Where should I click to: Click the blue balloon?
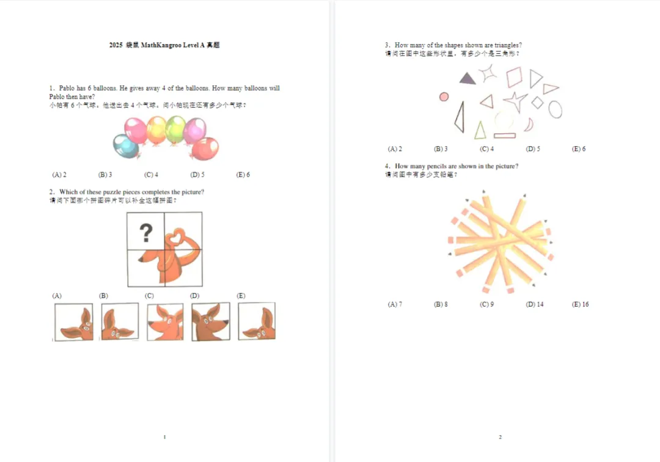(x=125, y=146)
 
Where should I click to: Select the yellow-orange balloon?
(x=156, y=128)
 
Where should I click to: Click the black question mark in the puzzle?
(x=145, y=233)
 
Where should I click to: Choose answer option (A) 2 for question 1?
(x=59, y=175)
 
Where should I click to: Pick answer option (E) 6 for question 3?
(x=579, y=149)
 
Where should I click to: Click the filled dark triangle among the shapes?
(x=467, y=78)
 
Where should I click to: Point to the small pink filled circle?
(x=444, y=97)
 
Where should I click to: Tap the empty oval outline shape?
(x=555, y=109)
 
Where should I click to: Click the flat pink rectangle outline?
(x=504, y=136)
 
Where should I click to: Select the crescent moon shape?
(x=529, y=125)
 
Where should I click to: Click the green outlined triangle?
(x=480, y=130)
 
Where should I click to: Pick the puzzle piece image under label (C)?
(x=165, y=322)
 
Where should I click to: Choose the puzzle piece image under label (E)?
(x=257, y=321)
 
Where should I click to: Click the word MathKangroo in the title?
(x=161, y=45)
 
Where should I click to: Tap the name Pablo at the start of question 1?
(x=67, y=89)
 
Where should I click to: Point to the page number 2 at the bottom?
(x=500, y=437)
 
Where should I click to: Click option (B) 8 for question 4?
(x=441, y=304)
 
